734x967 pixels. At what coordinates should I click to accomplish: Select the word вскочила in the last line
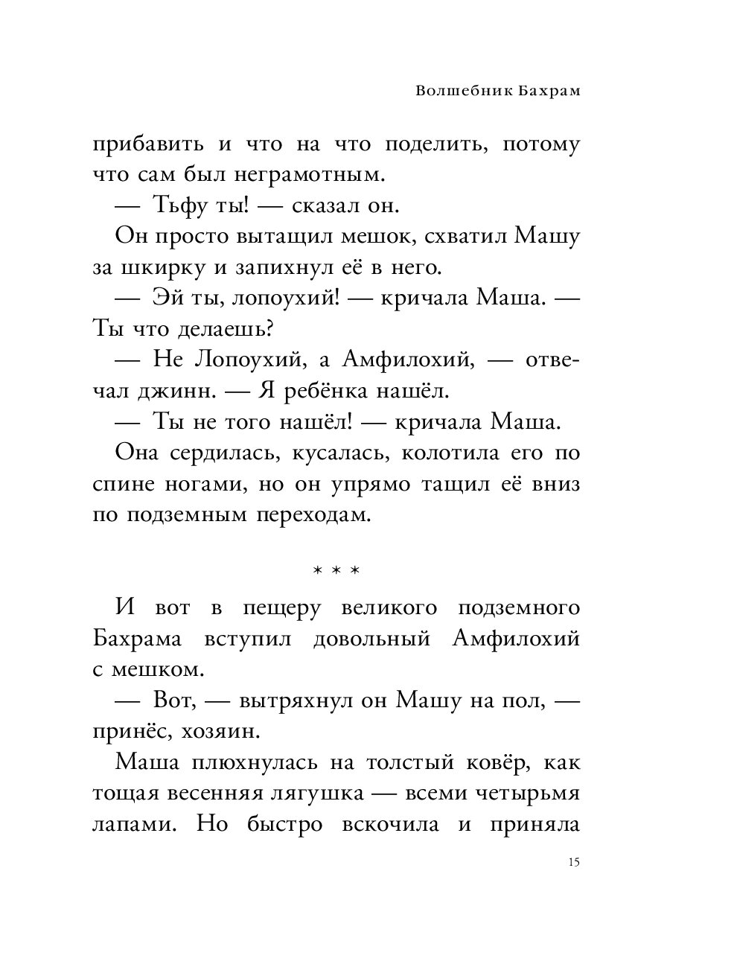(389, 825)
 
